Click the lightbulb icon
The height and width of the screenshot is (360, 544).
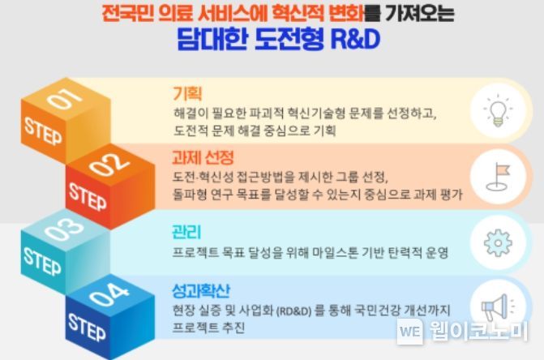pyautogui.click(x=498, y=110)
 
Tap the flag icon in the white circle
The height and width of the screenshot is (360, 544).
pyautogui.click(x=499, y=177)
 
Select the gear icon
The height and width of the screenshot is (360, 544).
pyautogui.click(x=498, y=242)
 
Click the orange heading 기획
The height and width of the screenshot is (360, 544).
pyautogui.click(x=187, y=93)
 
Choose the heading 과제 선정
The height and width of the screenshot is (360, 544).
pyautogui.click(x=203, y=157)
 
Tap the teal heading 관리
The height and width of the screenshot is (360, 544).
pyautogui.click(x=186, y=232)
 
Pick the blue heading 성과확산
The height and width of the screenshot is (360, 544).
pyautogui.click(x=201, y=290)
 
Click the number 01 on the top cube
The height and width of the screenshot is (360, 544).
pyautogui.click(x=65, y=98)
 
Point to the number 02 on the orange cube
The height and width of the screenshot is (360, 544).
pyautogui.click(x=109, y=165)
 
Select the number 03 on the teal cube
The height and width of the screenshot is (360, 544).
pyautogui.click(x=64, y=229)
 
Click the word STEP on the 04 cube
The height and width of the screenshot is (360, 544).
pyautogui.click(x=87, y=327)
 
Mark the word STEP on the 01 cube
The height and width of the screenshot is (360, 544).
pyautogui.click(x=43, y=131)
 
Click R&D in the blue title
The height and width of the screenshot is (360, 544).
pyautogui.click(x=355, y=39)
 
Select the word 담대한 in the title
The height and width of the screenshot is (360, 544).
pyautogui.click(x=212, y=39)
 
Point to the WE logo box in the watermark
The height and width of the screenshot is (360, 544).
pyautogui.click(x=410, y=332)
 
